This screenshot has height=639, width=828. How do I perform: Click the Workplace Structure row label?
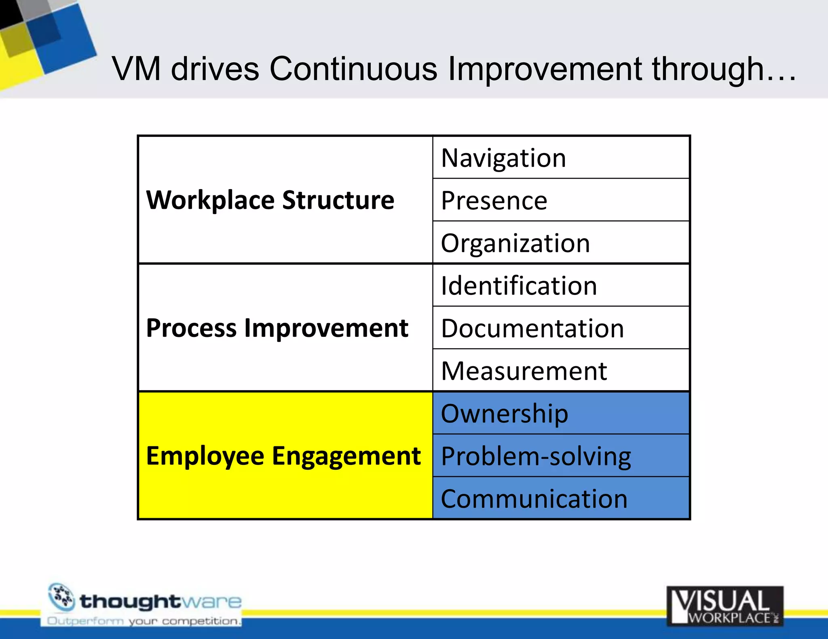pos(270,200)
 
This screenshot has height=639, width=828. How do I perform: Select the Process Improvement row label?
pos(277,328)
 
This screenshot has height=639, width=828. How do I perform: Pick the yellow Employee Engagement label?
pos(283,456)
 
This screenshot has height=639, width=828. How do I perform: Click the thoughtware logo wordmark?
pos(161,601)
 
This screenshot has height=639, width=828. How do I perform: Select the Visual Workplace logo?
pos(725,606)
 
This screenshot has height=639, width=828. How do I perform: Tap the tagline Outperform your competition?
pos(144,621)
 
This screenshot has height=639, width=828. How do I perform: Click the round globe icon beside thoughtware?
pos(61,597)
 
